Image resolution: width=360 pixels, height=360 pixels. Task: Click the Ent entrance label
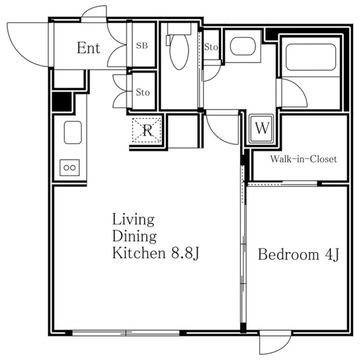(89, 48)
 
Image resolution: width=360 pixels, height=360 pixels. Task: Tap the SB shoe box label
(142, 46)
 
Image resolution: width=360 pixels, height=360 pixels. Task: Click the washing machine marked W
(262, 129)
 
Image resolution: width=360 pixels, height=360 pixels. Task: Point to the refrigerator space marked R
(147, 130)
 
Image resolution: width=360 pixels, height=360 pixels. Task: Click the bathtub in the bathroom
(311, 57)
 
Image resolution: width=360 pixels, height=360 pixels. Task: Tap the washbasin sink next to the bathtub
(243, 46)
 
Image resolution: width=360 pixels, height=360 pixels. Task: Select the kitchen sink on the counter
(73, 132)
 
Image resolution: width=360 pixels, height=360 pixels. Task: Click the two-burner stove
(70, 168)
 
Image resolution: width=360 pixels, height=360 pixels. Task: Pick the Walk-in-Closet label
(303, 159)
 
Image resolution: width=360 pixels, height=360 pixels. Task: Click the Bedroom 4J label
(298, 254)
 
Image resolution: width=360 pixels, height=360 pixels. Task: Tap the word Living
(133, 220)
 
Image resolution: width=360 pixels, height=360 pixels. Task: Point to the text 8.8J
(185, 254)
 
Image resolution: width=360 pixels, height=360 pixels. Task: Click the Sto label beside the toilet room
(211, 47)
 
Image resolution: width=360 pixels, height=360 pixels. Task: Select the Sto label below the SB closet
(143, 92)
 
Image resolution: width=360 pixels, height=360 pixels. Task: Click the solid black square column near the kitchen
(62, 102)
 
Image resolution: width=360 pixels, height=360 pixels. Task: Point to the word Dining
(134, 236)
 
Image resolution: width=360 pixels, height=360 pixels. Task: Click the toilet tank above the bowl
(179, 29)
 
